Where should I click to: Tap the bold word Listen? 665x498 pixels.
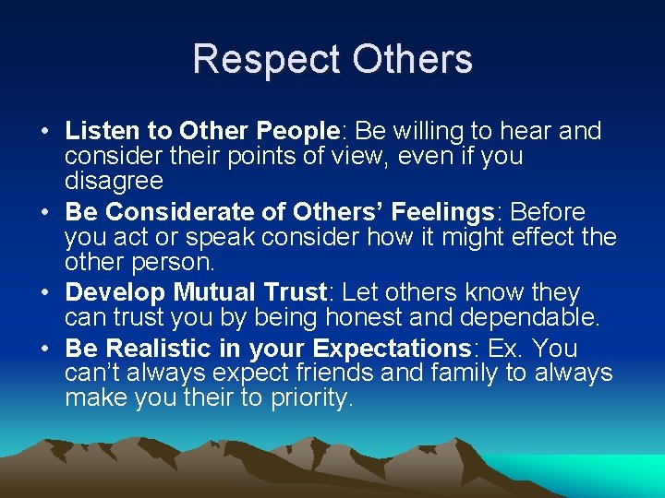(99, 132)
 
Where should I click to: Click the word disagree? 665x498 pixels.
(114, 181)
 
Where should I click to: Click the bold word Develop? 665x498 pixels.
(115, 293)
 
